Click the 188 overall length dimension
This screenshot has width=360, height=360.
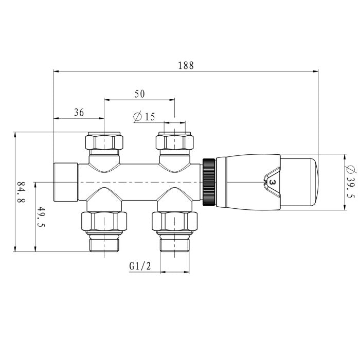(x=186, y=65)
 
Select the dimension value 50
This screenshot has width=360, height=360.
(x=139, y=94)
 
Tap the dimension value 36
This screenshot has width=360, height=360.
(x=79, y=113)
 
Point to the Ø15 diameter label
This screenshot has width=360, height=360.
(x=144, y=117)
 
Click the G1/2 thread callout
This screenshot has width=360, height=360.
(x=139, y=266)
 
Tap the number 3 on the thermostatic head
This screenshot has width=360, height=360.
(x=272, y=182)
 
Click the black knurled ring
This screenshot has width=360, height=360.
(x=209, y=182)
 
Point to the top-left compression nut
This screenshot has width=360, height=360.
(x=105, y=141)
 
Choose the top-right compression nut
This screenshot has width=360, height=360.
(x=174, y=141)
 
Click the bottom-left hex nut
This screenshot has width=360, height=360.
(x=105, y=222)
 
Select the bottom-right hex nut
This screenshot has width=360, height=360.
(x=174, y=222)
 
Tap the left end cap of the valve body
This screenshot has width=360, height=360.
(x=66, y=182)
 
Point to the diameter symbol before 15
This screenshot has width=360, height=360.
(x=137, y=117)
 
